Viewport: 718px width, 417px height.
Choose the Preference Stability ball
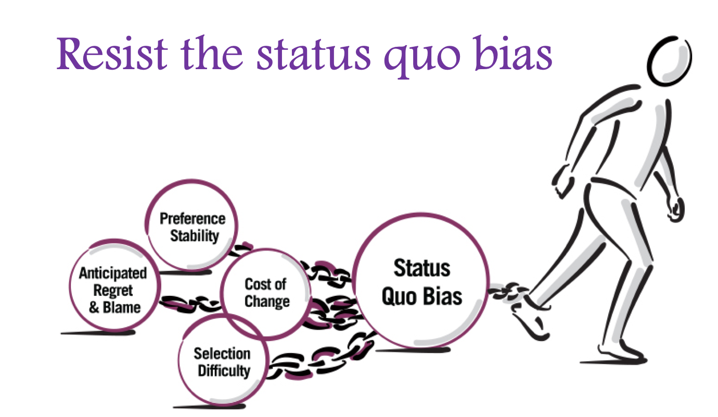tap(192, 227)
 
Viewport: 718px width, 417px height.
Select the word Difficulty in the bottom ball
tap(224, 371)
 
